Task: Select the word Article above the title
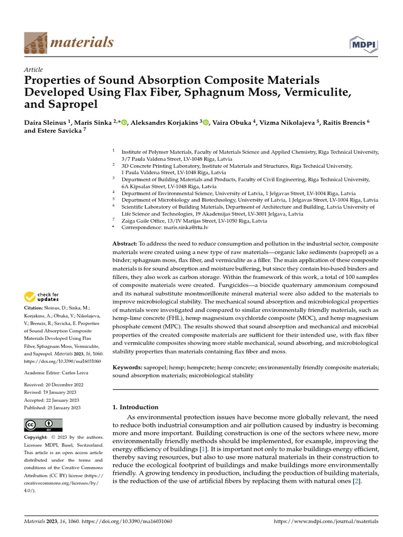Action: (34, 70)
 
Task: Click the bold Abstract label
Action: (124, 244)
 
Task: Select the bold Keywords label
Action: (128, 368)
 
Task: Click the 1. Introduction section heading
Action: (135, 407)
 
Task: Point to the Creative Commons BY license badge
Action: (43, 425)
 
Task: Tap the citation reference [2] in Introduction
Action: (356, 481)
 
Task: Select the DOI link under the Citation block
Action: (62, 361)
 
